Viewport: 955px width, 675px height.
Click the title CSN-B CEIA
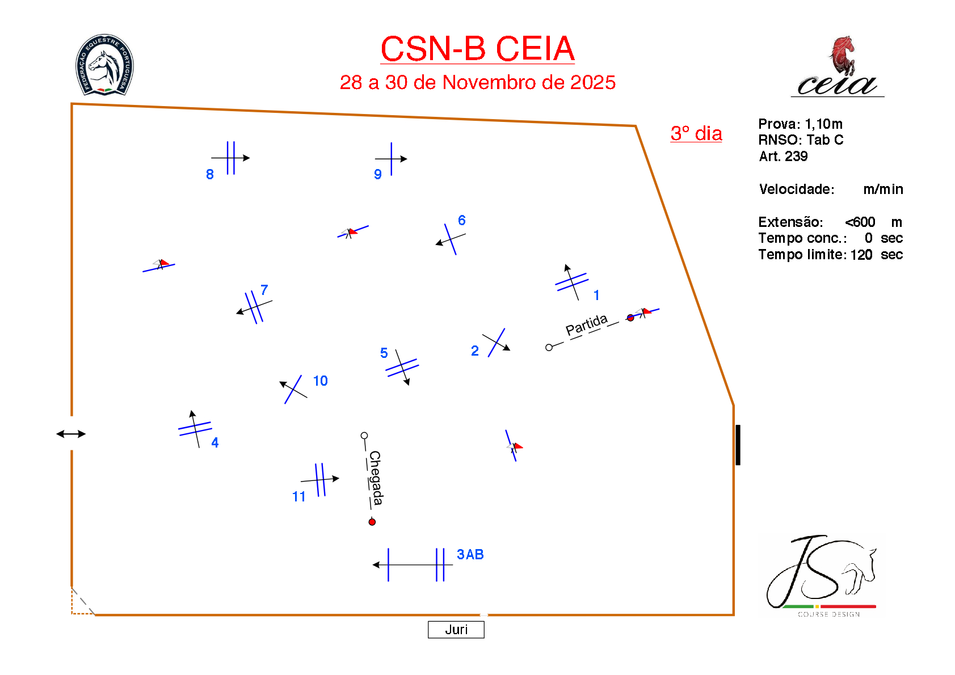click(x=477, y=49)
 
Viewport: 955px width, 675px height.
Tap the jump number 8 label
click(x=210, y=174)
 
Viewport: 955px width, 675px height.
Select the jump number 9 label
click(x=378, y=174)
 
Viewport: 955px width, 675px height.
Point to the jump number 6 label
click(x=462, y=220)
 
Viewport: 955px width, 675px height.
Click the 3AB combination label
click(x=470, y=554)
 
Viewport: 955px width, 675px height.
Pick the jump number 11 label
click(x=299, y=496)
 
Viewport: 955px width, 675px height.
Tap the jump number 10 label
click(x=321, y=381)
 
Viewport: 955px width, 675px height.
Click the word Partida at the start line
click(x=587, y=325)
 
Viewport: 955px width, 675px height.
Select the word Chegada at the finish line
click(x=375, y=478)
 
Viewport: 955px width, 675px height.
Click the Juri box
click(x=456, y=630)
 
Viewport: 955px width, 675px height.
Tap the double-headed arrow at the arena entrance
click(x=71, y=434)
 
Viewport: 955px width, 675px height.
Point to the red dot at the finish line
click(x=372, y=522)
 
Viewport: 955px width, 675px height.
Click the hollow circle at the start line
click(x=549, y=348)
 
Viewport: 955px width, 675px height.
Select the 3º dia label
click(x=696, y=133)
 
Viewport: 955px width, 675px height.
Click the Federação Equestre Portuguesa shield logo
click(x=105, y=64)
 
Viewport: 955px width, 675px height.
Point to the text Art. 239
click(x=783, y=156)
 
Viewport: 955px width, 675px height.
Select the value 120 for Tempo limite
click(x=861, y=255)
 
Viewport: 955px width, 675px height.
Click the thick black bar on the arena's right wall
click(x=738, y=445)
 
